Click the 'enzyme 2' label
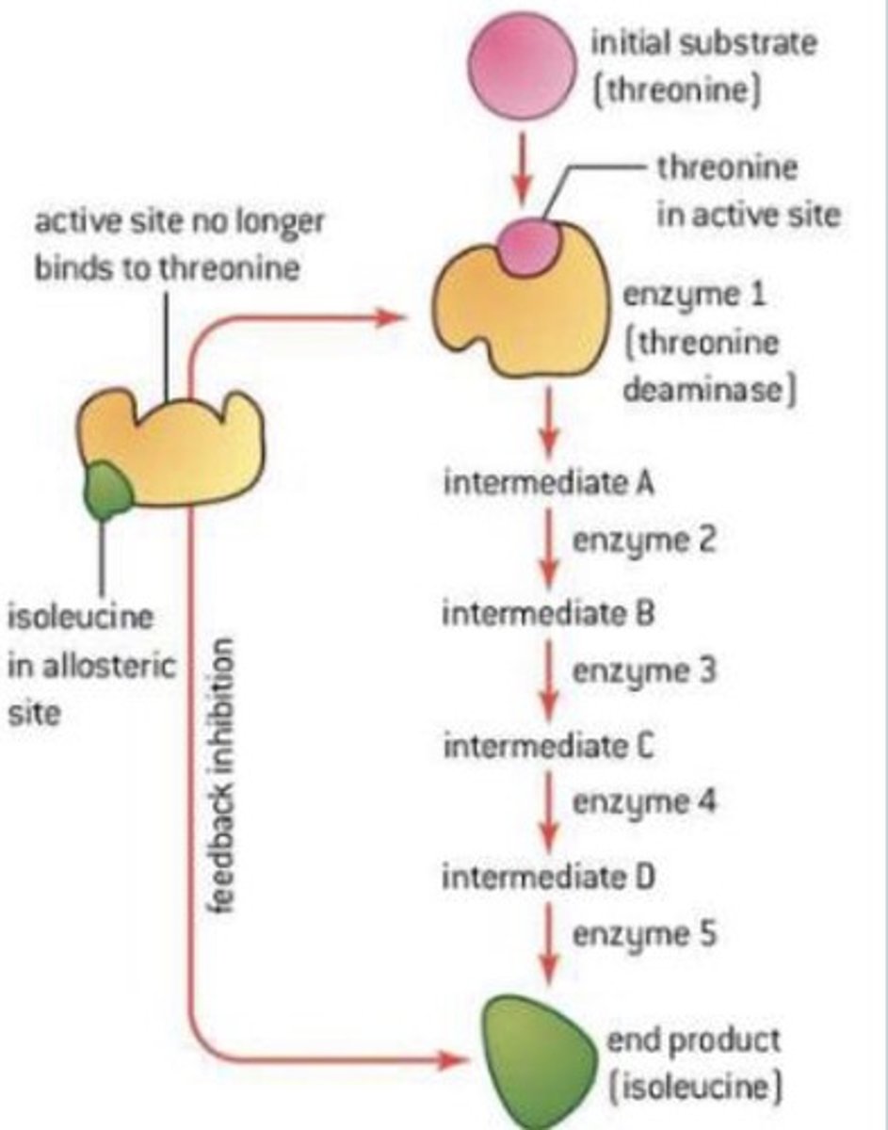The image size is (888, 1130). [x=645, y=541]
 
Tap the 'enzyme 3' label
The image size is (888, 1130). [x=645, y=672]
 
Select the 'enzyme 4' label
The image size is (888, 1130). [x=645, y=803]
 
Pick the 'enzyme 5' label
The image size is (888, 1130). [x=645, y=935]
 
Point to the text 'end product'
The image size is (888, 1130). [x=692, y=1041]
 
